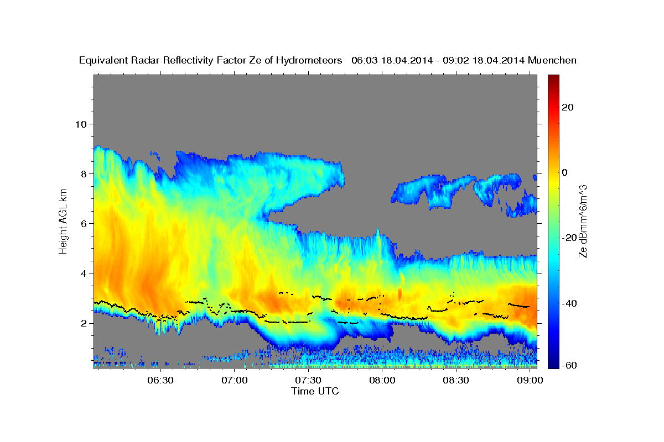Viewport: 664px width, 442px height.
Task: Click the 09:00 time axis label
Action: [530, 381]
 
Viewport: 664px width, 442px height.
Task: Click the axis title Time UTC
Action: [315, 391]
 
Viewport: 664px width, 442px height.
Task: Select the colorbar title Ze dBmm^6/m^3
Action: [583, 221]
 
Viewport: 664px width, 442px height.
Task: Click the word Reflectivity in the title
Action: [187, 60]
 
